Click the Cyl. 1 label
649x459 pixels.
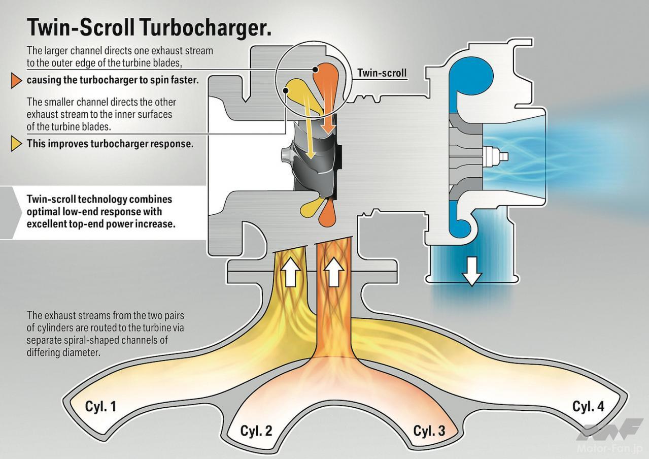(x=100, y=407)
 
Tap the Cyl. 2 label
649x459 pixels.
(x=256, y=431)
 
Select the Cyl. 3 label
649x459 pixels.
(x=429, y=431)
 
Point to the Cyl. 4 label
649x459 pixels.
(x=588, y=406)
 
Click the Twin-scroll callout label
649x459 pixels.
(x=382, y=73)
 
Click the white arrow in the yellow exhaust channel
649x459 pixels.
(x=290, y=275)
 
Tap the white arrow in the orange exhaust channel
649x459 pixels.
(x=333, y=275)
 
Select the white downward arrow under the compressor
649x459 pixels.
(x=472, y=273)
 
